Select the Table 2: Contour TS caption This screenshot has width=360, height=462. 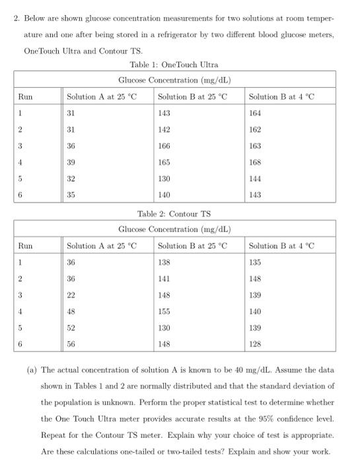click(174, 214)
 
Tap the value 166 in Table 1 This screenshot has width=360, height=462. click(164, 145)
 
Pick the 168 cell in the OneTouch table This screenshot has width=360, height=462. click(255, 162)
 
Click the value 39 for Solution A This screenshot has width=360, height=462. click(71, 162)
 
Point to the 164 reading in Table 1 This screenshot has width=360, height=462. click(255, 113)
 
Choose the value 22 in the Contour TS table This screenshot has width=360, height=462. click(71, 295)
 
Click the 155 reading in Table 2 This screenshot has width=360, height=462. click(164, 312)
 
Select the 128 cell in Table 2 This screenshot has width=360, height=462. click(255, 343)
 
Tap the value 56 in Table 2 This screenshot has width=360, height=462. click(71, 343)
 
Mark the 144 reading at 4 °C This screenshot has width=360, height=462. click(255, 178)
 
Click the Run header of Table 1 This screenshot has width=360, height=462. click(26, 96)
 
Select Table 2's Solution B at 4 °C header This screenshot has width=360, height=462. click(281, 246)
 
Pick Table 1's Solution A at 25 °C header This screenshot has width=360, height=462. click(102, 96)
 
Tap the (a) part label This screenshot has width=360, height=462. click(31, 369)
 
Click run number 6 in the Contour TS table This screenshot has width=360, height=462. click(20, 343)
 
